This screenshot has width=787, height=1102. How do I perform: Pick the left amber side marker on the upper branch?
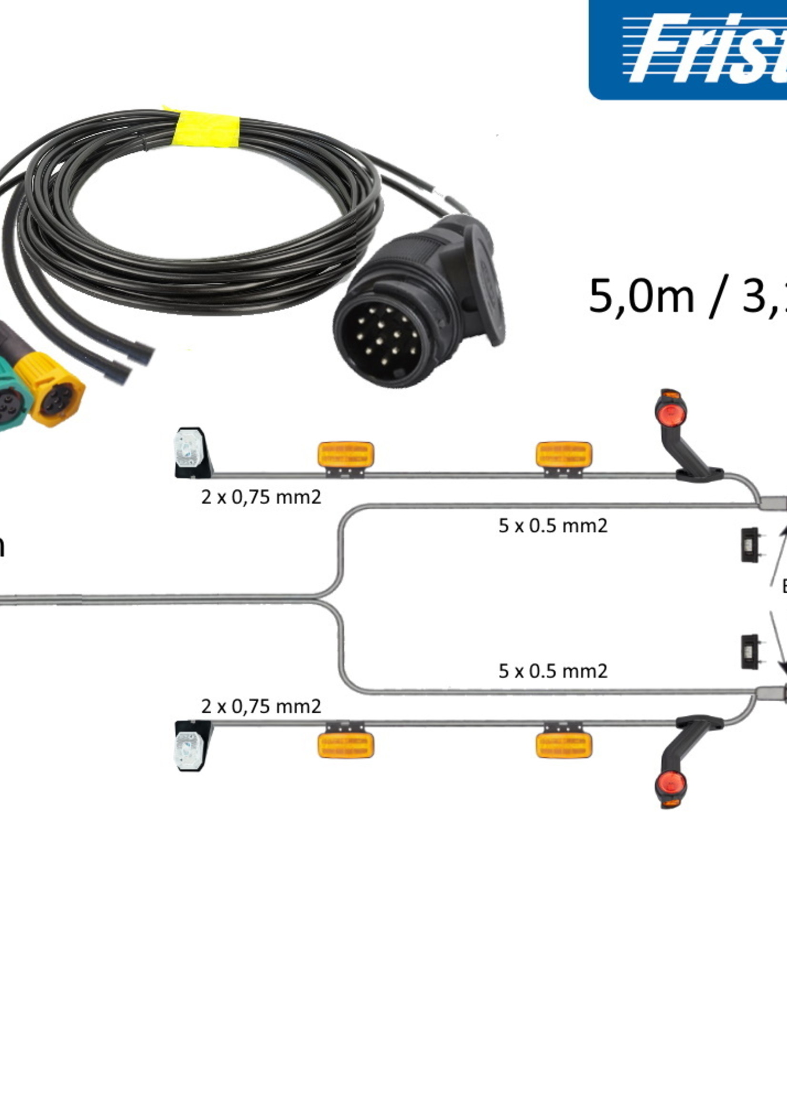coord(345,455)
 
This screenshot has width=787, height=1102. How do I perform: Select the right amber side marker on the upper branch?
coord(564,455)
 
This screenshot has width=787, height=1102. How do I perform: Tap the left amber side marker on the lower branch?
coord(345,745)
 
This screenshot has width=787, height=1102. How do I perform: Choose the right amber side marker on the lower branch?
coord(564,745)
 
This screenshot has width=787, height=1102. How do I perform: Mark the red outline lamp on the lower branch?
coord(670,785)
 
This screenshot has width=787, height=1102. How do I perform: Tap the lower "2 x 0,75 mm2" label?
coord(261,707)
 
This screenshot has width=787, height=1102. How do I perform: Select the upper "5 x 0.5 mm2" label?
coord(553,526)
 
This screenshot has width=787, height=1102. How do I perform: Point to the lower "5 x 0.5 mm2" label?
coord(553,671)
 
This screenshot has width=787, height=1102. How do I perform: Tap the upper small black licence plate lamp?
coord(750,545)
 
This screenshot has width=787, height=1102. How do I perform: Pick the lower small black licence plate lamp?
coord(750,652)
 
